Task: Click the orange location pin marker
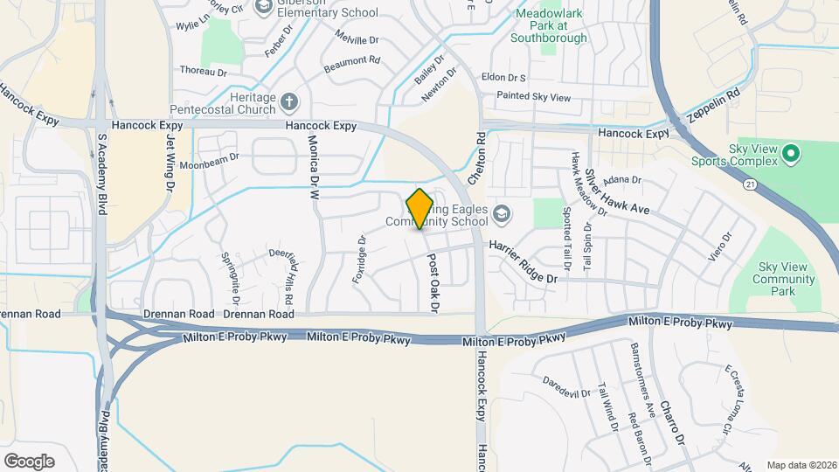click(419, 208)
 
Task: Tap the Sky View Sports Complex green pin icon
click(791, 155)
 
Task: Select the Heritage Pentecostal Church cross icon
click(290, 104)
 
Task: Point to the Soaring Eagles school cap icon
click(502, 212)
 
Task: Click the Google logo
click(29, 461)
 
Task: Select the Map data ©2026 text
click(801, 465)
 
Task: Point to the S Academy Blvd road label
click(102, 175)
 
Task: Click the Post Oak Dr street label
click(431, 281)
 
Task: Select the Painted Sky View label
click(533, 94)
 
